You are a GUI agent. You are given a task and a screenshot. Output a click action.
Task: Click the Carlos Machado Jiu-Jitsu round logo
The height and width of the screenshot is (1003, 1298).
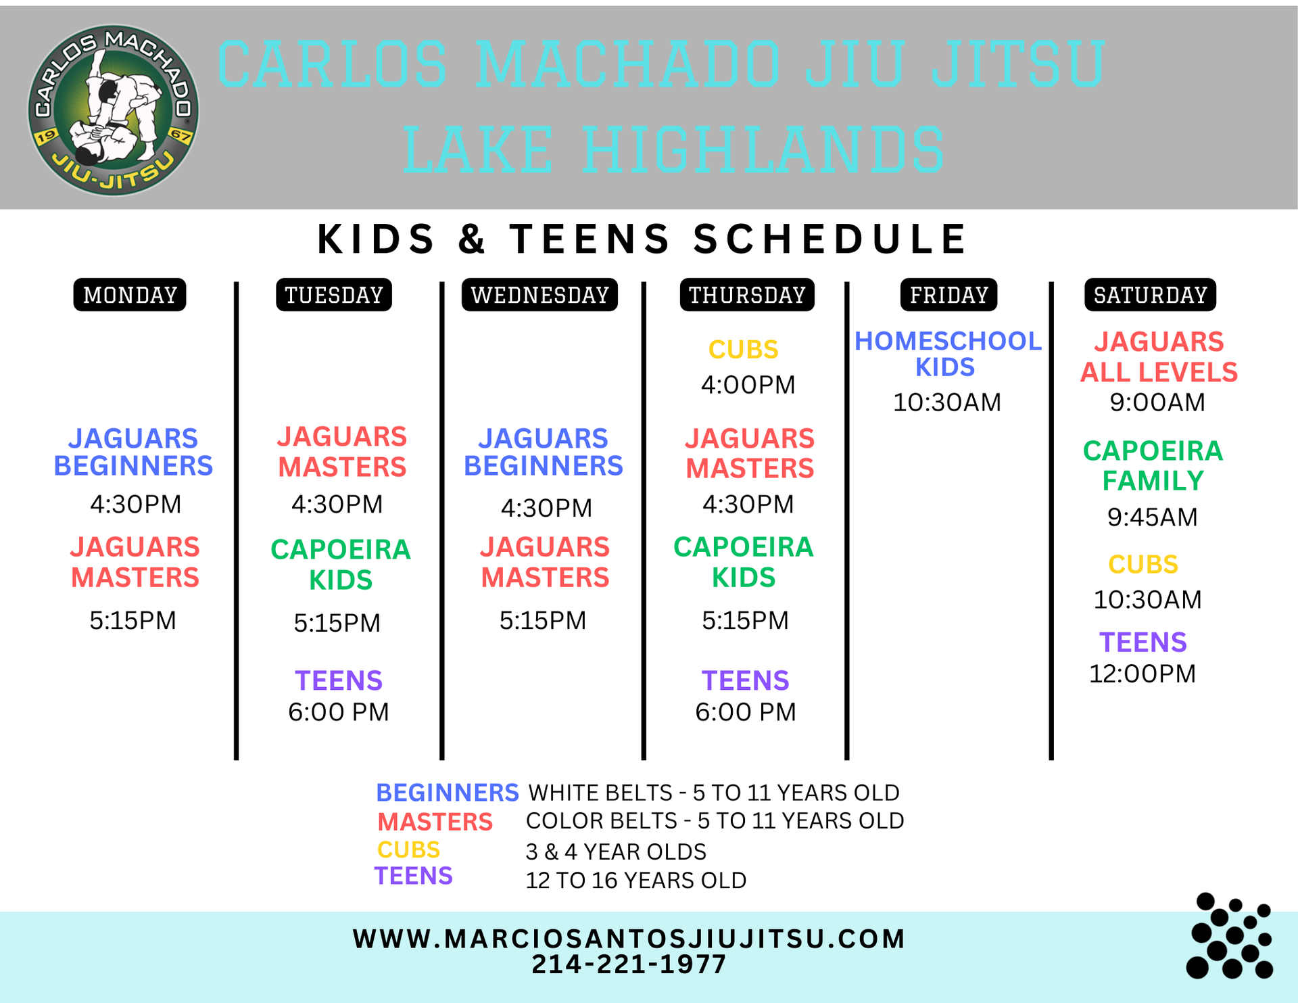pyautogui.click(x=113, y=110)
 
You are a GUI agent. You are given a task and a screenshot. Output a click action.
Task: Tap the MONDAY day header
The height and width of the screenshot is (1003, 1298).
pyautogui.click(x=130, y=295)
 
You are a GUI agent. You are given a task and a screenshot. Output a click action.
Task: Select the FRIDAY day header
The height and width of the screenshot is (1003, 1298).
pyautogui.click(x=948, y=295)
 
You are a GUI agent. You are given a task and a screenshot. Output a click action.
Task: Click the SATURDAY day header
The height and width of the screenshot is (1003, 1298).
pyautogui.click(x=1150, y=295)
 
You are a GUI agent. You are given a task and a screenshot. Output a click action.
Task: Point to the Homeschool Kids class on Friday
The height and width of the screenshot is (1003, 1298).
pyautogui.click(x=947, y=354)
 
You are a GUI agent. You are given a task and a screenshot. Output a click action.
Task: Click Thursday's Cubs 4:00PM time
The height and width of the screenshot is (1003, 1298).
pyautogui.click(x=748, y=385)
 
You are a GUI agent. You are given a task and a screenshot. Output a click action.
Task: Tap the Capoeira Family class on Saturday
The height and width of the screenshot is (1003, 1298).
pyautogui.click(x=1153, y=465)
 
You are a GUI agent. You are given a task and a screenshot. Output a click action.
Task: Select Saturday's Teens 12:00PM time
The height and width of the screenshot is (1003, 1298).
pyautogui.click(x=1143, y=674)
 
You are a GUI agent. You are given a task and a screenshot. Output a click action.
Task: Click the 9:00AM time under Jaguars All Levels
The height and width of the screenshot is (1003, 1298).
pyautogui.click(x=1157, y=402)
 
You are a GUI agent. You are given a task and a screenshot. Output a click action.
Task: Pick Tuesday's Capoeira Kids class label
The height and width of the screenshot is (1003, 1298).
pyautogui.click(x=341, y=564)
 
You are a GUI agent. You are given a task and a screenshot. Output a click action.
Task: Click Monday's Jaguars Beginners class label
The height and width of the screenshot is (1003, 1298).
pyautogui.click(x=133, y=452)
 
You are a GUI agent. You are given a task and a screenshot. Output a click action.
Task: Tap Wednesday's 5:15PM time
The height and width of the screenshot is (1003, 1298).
pyautogui.click(x=543, y=620)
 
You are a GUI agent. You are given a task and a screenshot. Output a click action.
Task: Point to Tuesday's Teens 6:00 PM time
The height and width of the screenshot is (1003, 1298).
pyautogui.click(x=339, y=712)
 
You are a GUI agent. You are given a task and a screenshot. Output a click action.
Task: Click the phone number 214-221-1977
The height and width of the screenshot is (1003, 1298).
pyautogui.click(x=629, y=964)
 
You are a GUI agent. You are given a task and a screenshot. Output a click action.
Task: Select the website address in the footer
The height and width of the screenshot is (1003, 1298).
pyautogui.click(x=629, y=939)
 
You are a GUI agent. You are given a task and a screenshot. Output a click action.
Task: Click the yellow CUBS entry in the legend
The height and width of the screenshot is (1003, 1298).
pyautogui.click(x=408, y=849)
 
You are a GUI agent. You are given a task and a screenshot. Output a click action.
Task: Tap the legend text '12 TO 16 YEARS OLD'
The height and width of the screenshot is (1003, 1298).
pyautogui.click(x=636, y=880)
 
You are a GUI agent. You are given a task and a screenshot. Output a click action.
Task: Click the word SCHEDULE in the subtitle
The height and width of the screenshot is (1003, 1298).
pyautogui.click(x=830, y=239)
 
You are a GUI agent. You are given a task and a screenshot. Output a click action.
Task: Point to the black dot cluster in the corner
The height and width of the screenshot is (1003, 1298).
pyautogui.click(x=1229, y=936)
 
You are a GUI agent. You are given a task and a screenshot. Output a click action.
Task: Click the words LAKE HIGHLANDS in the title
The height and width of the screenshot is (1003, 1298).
pyautogui.click(x=674, y=150)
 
